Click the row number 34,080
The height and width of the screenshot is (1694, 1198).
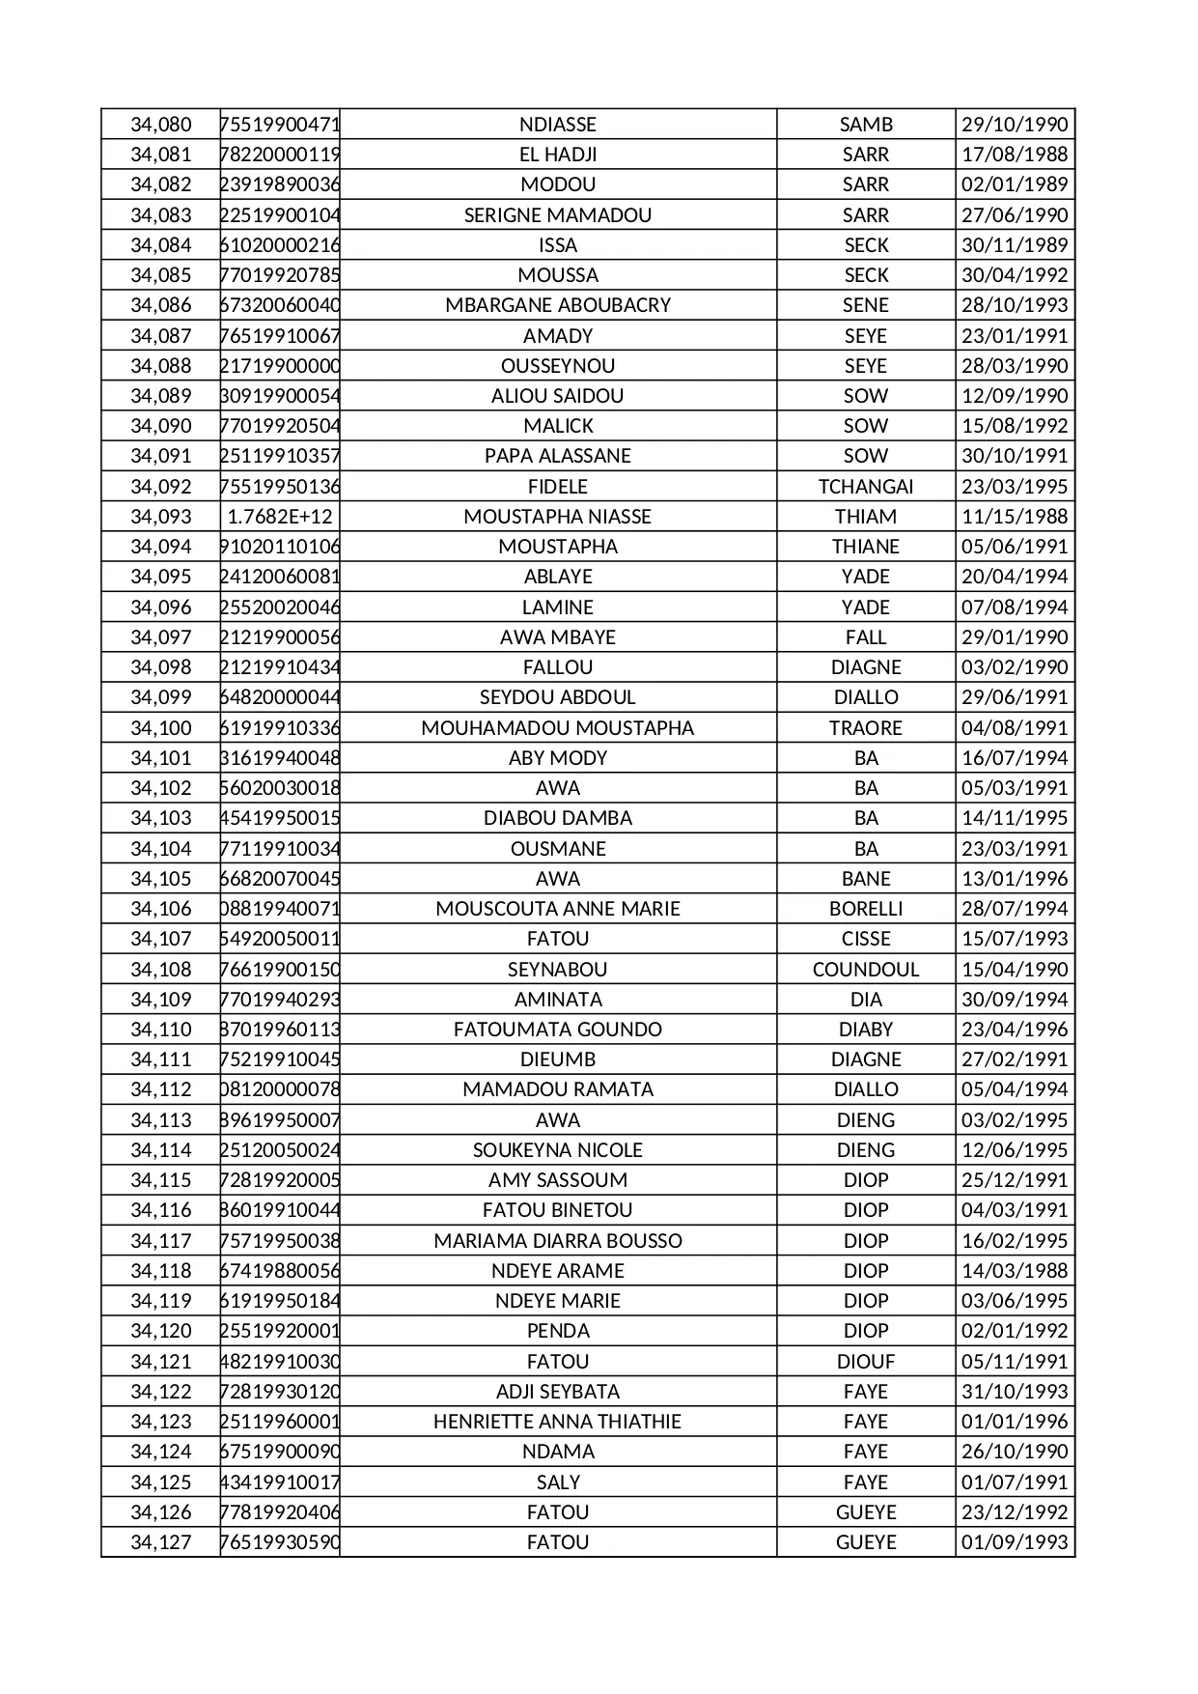pyautogui.click(x=161, y=125)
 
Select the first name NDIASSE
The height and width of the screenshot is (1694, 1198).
pyautogui.click(x=558, y=125)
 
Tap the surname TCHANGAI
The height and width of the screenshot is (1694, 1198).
pyautogui.click(x=866, y=487)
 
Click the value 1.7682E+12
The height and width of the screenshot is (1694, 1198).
pyautogui.click(x=280, y=517)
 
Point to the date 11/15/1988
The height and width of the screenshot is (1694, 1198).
pyautogui.click(x=1015, y=517)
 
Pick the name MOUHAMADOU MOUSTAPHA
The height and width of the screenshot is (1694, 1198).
pyautogui.click(x=558, y=728)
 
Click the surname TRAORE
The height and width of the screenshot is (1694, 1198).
pyautogui.click(x=866, y=728)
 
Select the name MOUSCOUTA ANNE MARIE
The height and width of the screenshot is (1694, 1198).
pyautogui.click(x=558, y=909)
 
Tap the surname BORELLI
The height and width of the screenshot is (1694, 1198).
pyautogui.click(x=866, y=909)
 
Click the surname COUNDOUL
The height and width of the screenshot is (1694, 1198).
pyautogui.click(x=866, y=970)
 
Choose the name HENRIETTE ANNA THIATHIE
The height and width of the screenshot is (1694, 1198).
pyautogui.click(x=558, y=1422)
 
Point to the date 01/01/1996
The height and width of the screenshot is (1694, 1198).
pyautogui.click(x=1015, y=1422)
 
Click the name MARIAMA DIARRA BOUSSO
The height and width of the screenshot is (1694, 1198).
pyautogui.click(x=558, y=1241)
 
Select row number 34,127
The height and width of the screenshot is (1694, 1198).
pyautogui.click(x=161, y=1542)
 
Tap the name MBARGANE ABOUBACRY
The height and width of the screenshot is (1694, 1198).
pyautogui.click(x=558, y=305)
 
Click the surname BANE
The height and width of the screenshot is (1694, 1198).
pyautogui.click(x=866, y=879)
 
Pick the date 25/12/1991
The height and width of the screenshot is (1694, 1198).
pyautogui.click(x=1015, y=1180)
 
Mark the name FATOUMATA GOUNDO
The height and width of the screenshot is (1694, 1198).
pyautogui.click(x=558, y=1030)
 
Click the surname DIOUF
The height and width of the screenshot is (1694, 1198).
pyautogui.click(x=866, y=1362)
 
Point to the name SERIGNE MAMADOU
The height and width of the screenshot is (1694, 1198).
pyautogui.click(x=558, y=215)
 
